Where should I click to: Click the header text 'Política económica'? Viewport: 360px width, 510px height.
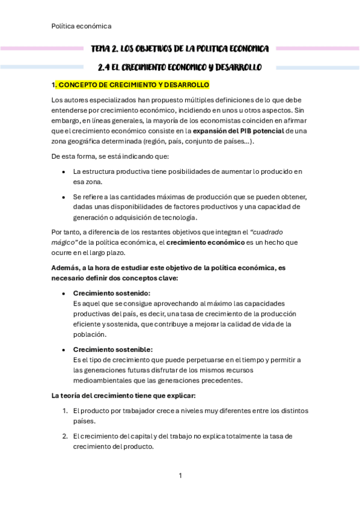pos(81,26)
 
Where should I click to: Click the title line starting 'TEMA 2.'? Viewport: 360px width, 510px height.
pos(180,48)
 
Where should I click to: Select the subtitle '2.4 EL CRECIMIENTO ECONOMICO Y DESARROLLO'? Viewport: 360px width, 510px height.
pos(180,67)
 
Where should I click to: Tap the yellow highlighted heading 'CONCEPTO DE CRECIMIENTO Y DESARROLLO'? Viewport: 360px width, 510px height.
pos(133,85)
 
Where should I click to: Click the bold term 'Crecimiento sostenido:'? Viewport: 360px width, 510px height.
pos(111,293)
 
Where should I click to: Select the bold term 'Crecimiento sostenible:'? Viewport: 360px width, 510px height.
pos(112,349)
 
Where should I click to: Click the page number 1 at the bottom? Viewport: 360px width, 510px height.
pos(180,476)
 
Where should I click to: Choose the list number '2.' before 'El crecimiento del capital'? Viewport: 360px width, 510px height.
pos(65,436)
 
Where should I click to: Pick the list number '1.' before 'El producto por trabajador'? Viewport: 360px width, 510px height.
pos(65,411)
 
